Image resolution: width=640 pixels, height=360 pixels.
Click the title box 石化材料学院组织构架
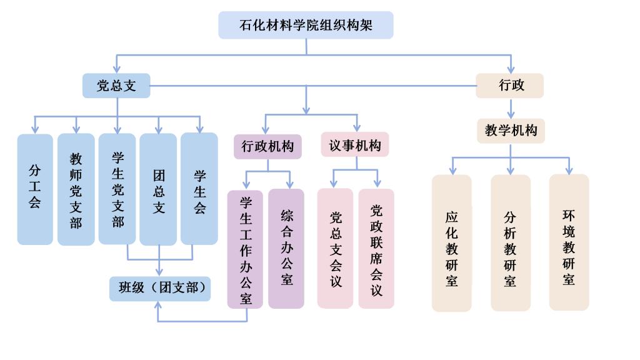tap(306, 25)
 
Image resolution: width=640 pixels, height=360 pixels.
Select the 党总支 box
tap(116, 86)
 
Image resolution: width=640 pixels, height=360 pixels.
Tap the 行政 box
tap(509, 86)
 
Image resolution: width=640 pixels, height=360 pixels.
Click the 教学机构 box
tap(511, 131)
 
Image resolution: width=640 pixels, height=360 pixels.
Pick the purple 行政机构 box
tap(267, 146)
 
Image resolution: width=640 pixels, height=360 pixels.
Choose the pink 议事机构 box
tap(355, 146)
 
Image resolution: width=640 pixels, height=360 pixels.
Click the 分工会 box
tap(35, 189)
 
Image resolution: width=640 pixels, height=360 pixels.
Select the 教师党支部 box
tap(76, 189)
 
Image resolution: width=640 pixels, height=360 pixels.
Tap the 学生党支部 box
tap(117, 189)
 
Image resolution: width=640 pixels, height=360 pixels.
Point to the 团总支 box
tap(158, 189)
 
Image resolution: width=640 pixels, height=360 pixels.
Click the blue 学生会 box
tap(199, 189)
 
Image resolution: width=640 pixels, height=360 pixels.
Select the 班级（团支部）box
tap(160, 288)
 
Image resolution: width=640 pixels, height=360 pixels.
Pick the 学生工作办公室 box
tap(245, 249)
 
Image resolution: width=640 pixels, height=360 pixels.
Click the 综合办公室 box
tap(286, 249)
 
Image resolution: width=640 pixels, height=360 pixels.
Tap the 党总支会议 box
tap(335, 249)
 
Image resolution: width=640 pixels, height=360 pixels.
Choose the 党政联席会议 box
tap(376, 249)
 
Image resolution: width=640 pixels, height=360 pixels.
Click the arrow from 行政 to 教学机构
tap(511, 107)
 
